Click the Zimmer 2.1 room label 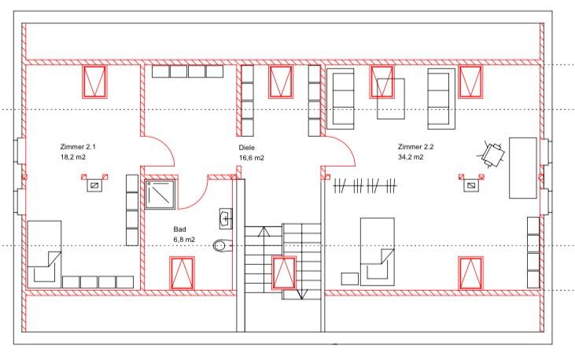(77, 147)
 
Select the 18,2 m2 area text (73, 157)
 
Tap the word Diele (248, 147)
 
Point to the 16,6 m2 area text (252, 157)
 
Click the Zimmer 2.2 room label (416, 147)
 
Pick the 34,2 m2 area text (411, 157)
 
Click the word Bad (179, 229)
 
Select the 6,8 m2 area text (184, 239)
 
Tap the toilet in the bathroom (223, 246)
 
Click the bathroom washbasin (226, 217)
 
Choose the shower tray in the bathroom (160, 193)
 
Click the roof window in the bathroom (182, 272)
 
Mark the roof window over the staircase (282, 273)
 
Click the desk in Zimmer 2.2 (523, 167)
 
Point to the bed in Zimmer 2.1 (45, 253)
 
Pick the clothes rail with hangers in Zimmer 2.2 (366, 186)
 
